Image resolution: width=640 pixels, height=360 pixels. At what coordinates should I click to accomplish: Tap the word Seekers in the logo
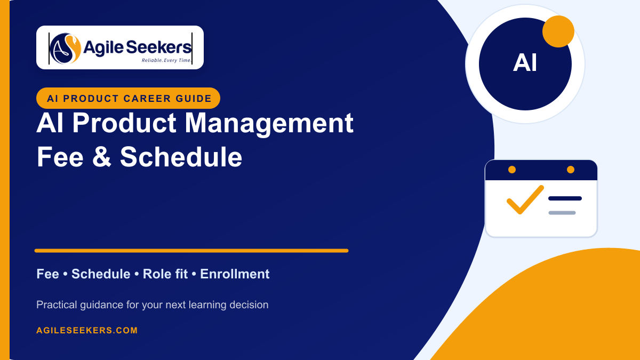pyautogui.click(x=158, y=47)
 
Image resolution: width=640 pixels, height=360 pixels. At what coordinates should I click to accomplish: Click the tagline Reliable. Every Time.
pyautogui.click(x=166, y=60)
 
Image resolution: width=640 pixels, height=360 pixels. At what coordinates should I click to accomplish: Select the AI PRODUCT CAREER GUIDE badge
pyautogui.click(x=128, y=98)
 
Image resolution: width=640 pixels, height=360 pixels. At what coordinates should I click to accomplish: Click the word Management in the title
pyautogui.click(x=269, y=123)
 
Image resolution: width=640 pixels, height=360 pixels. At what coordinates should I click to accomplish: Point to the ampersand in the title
pyautogui.click(x=102, y=156)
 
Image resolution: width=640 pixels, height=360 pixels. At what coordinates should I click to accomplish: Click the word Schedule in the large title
pyautogui.click(x=181, y=156)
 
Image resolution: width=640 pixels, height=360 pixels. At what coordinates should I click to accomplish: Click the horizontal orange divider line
pyautogui.click(x=191, y=251)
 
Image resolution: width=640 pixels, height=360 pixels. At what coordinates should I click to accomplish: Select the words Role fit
pyautogui.click(x=165, y=274)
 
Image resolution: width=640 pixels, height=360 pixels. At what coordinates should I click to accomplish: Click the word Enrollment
pyautogui.click(x=235, y=274)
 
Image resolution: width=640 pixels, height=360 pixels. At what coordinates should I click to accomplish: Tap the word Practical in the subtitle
pyautogui.click(x=57, y=305)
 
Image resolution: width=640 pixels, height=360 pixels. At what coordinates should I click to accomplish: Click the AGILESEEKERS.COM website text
pyautogui.click(x=87, y=330)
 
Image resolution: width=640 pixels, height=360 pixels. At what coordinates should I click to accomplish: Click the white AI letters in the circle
pyautogui.click(x=525, y=63)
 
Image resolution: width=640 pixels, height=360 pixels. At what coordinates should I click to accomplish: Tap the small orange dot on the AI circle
pyautogui.click(x=558, y=31)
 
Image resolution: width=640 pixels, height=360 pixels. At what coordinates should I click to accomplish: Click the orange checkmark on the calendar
pyautogui.click(x=525, y=199)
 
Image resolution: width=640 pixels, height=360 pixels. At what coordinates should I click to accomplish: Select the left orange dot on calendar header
pyautogui.click(x=512, y=170)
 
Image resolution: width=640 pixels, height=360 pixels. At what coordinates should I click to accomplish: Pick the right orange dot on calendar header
pyautogui.click(x=571, y=170)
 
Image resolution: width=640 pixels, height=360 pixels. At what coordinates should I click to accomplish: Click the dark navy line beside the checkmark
pyautogui.click(x=565, y=198)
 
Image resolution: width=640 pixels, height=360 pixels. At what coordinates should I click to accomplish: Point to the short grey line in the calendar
pyautogui.click(x=562, y=213)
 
